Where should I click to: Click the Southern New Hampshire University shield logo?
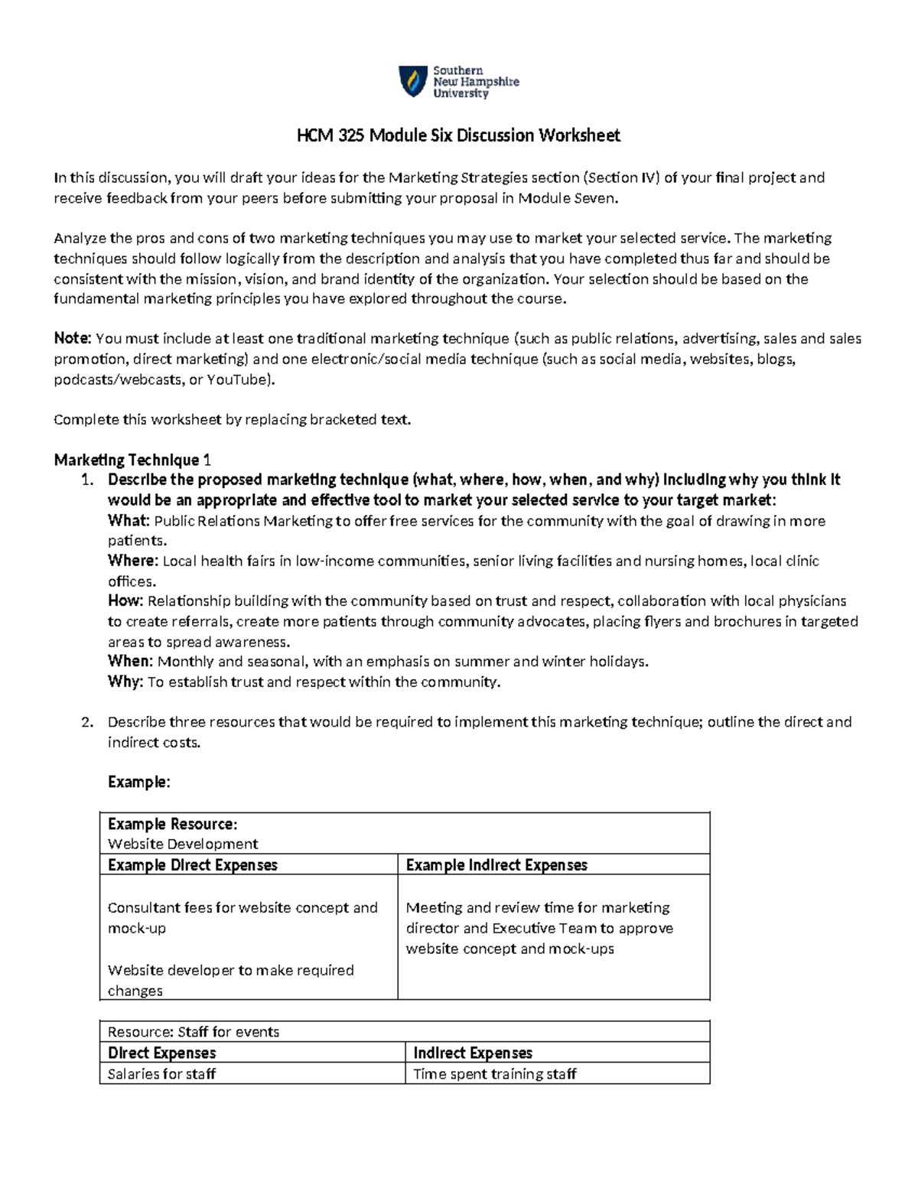tap(413, 81)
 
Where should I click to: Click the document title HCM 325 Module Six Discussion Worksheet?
tap(458, 135)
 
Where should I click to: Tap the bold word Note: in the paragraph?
tap(73, 338)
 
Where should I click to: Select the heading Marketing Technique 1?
tap(132, 460)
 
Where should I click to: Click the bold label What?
tap(129, 521)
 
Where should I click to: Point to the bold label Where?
tap(133, 561)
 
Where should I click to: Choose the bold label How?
tap(125, 601)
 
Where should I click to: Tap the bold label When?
tap(131, 661)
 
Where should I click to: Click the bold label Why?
tap(125, 682)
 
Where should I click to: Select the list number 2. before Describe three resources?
tap(87, 721)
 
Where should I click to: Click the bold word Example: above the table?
tap(138, 782)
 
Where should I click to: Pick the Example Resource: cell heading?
tap(172, 824)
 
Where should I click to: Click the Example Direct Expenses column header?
tap(192, 865)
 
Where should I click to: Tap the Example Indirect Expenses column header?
tap(496, 865)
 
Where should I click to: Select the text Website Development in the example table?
tap(182, 844)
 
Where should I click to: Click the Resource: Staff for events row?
tap(194, 1032)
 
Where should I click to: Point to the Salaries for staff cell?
tap(161, 1074)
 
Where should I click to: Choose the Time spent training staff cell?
tap(494, 1074)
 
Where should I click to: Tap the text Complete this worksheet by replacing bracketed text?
tap(232, 419)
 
